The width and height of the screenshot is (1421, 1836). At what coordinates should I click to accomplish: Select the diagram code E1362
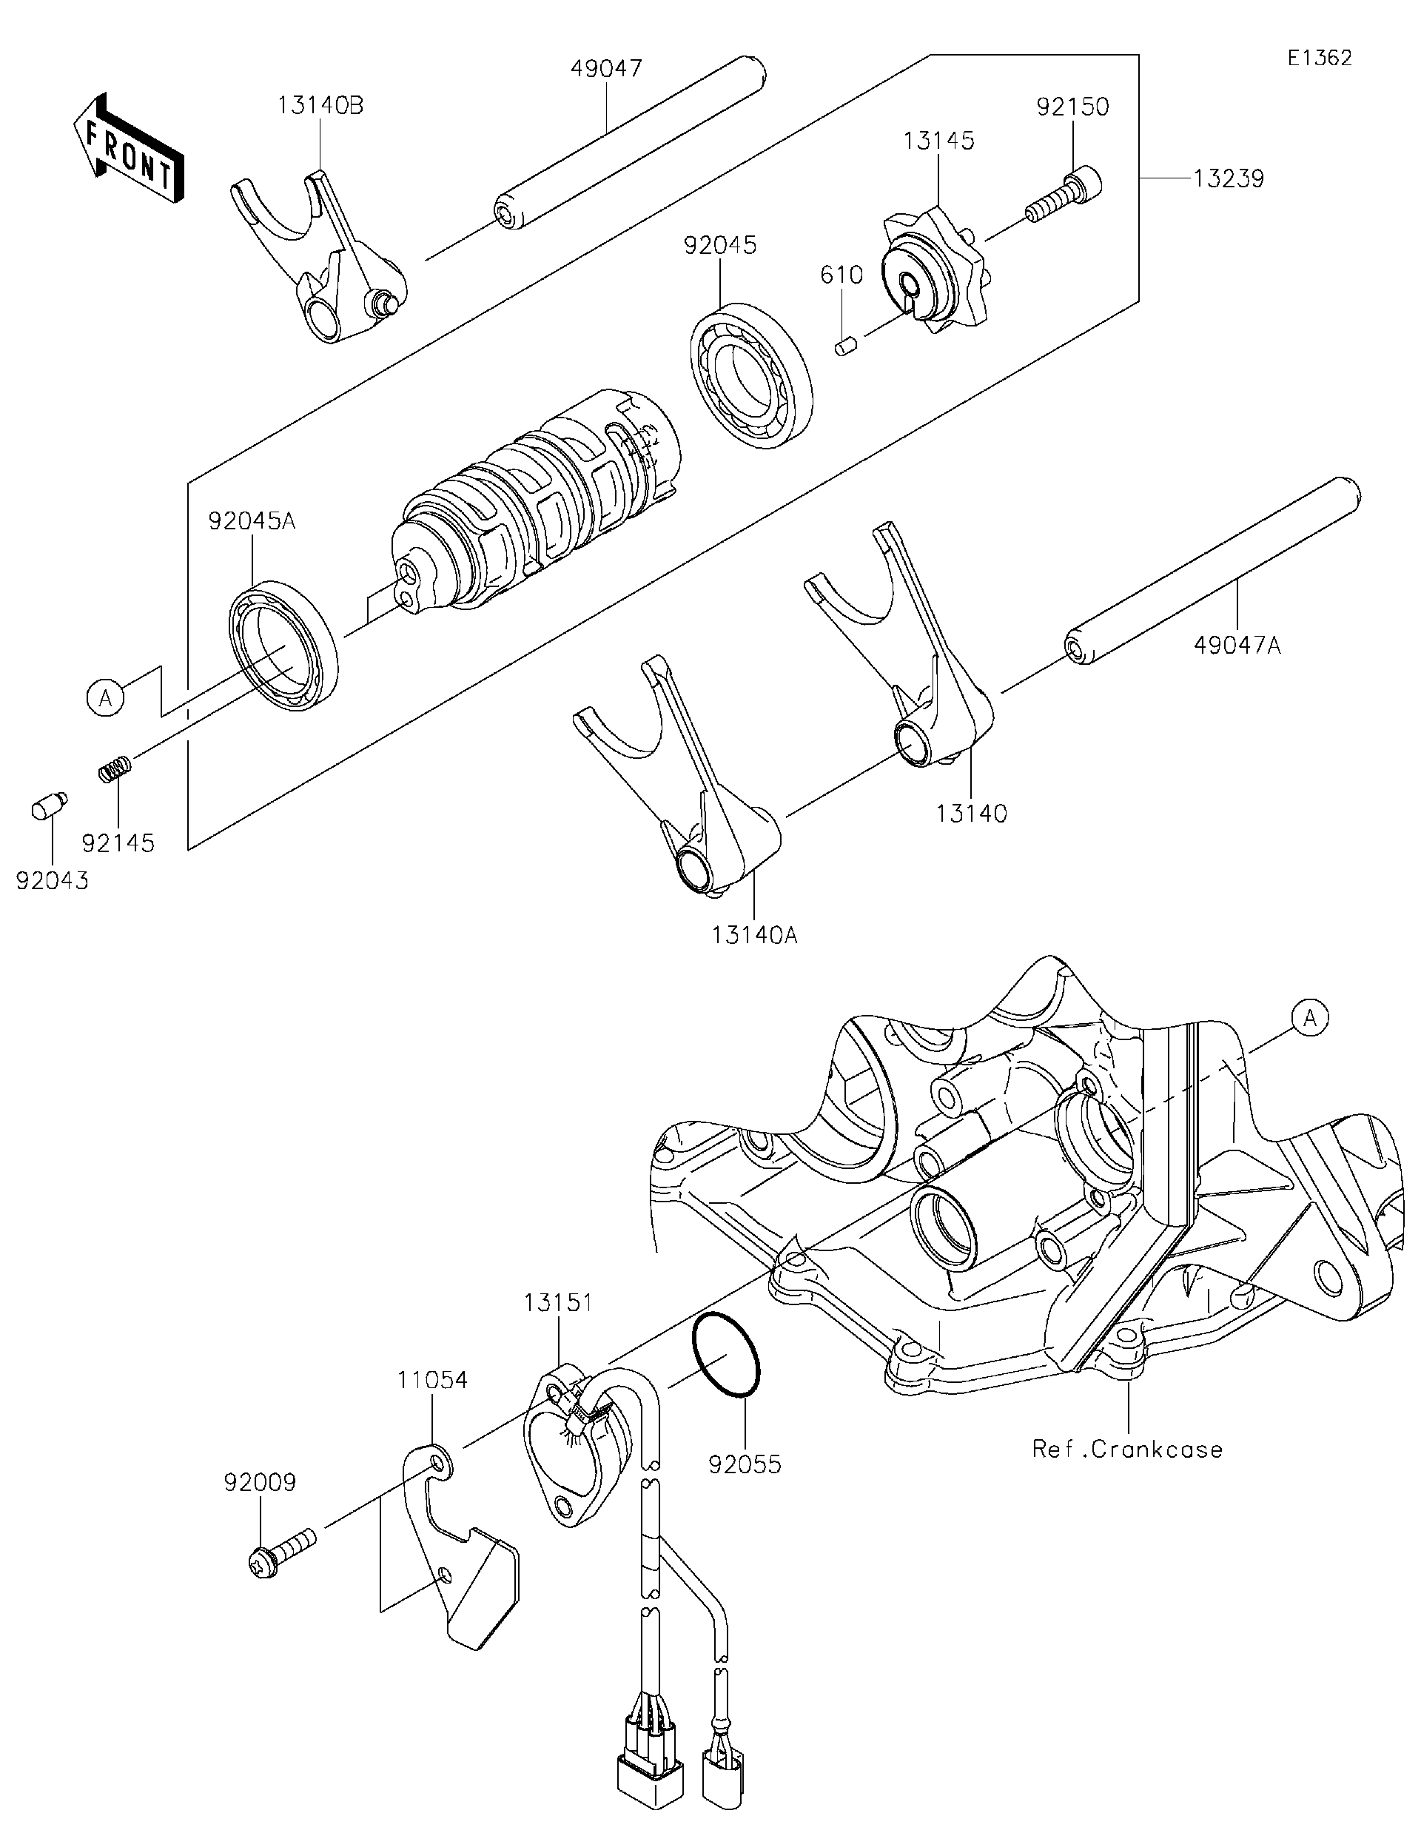[1320, 58]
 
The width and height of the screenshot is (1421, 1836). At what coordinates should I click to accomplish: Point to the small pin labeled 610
[845, 346]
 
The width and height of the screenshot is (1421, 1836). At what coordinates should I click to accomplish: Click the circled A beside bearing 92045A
[106, 697]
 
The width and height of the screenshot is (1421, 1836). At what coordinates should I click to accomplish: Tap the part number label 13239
[1228, 179]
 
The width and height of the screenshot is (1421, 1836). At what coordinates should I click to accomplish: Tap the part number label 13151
[558, 1303]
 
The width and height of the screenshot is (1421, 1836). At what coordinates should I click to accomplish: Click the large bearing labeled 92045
[751, 374]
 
